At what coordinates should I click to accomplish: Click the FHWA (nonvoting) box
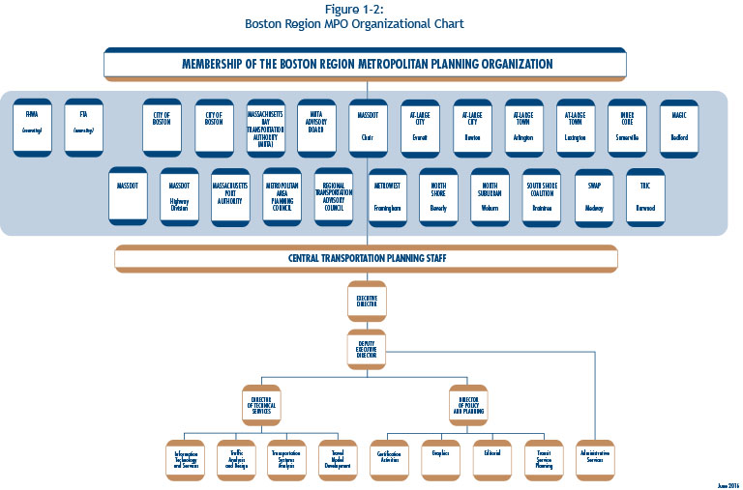32,127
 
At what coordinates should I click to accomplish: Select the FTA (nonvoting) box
84,127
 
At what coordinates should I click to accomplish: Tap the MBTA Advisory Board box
316,127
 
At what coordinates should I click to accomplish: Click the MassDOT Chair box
368,127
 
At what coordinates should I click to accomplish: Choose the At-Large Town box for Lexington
576,127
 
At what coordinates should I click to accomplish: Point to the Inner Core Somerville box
627,127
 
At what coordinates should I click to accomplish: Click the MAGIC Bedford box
679,127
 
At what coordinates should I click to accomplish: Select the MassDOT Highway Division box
179,197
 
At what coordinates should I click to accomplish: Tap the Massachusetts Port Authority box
230,197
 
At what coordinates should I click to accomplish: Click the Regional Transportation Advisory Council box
334,197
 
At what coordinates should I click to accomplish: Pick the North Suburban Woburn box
490,197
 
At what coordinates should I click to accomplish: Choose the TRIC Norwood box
645,197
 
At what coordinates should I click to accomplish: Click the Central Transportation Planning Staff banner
366,259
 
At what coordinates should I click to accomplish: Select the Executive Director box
367,302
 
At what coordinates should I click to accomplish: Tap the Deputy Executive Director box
367,350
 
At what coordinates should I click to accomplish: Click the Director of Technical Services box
261,404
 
